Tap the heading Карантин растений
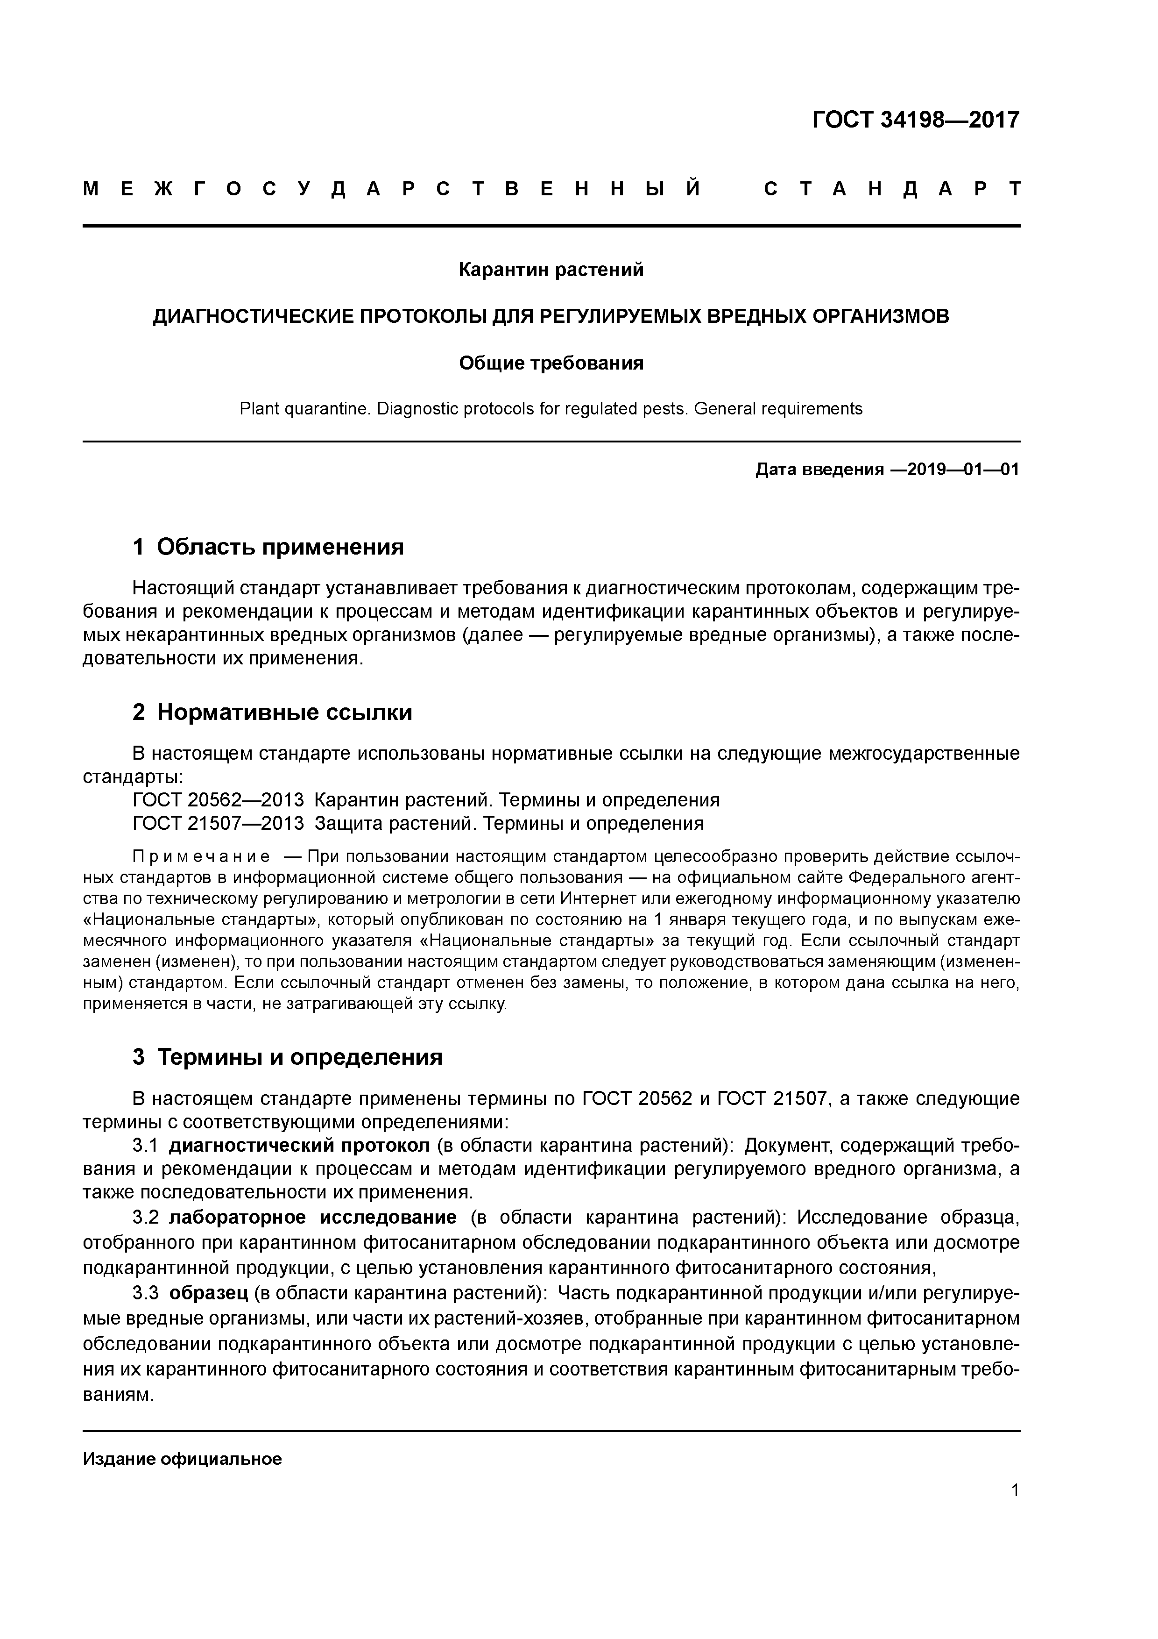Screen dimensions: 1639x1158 pyautogui.click(x=551, y=270)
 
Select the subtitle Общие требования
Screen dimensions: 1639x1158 pyautogui.click(x=551, y=363)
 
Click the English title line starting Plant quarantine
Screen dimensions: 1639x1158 pyautogui.click(x=551, y=409)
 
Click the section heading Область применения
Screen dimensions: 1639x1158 pyautogui.click(x=280, y=547)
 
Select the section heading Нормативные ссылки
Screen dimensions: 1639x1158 pyautogui.click(x=284, y=712)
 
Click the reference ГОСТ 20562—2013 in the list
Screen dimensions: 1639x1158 pyautogui.click(x=218, y=799)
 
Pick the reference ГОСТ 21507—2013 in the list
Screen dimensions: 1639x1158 pyautogui.click(x=218, y=823)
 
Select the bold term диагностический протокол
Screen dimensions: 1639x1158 pyautogui.click(x=299, y=1145)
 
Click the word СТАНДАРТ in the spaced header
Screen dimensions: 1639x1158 pyautogui.click(x=892, y=189)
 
